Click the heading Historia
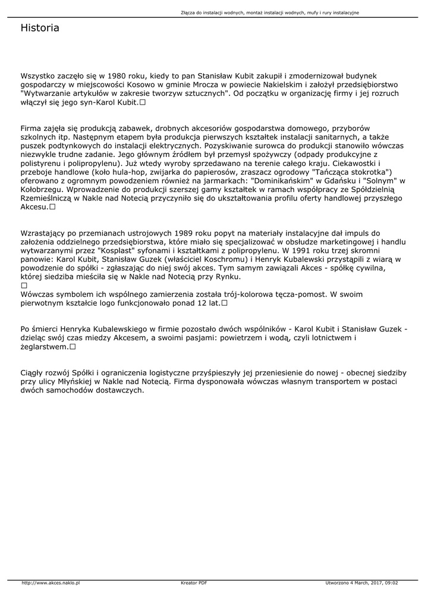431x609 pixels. [x=40, y=28]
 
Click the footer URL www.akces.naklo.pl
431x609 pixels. [x=51, y=583]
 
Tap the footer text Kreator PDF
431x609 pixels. [x=194, y=583]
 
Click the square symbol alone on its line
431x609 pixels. [x=24, y=285]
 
